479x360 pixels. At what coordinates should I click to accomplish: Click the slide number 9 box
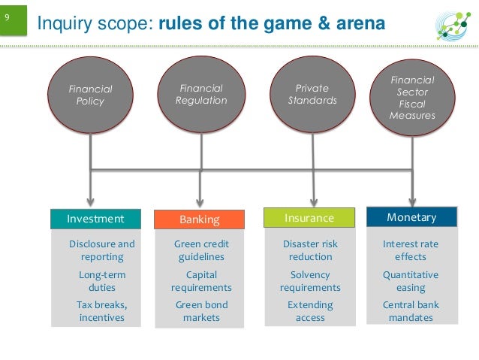click(x=14, y=20)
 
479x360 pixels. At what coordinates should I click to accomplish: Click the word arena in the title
click(x=357, y=25)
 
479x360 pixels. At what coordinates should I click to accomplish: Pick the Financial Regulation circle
click(x=201, y=95)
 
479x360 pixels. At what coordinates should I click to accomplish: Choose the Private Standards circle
click(x=312, y=95)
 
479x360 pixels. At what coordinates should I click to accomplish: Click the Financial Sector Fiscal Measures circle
click(x=412, y=98)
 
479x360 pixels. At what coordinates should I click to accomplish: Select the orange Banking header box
click(x=200, y=219)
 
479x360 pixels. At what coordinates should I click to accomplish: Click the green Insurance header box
click(x=309, y=218)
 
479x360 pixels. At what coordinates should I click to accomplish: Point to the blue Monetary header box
click(x=411, y=217)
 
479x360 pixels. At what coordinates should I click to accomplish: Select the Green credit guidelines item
click(x=201, y=250)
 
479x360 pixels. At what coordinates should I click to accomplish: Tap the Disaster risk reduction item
click(x=310, y=250)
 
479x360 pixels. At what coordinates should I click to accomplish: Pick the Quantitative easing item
click(x=411, y=281)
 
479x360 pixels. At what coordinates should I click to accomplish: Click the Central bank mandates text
click(x=411, y=311)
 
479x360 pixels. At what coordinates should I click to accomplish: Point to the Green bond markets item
click(x=201, y=311)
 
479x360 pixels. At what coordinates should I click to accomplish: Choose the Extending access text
click(x=310, y=311)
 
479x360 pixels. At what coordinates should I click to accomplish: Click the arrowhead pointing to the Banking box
click(x=200, y=201)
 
